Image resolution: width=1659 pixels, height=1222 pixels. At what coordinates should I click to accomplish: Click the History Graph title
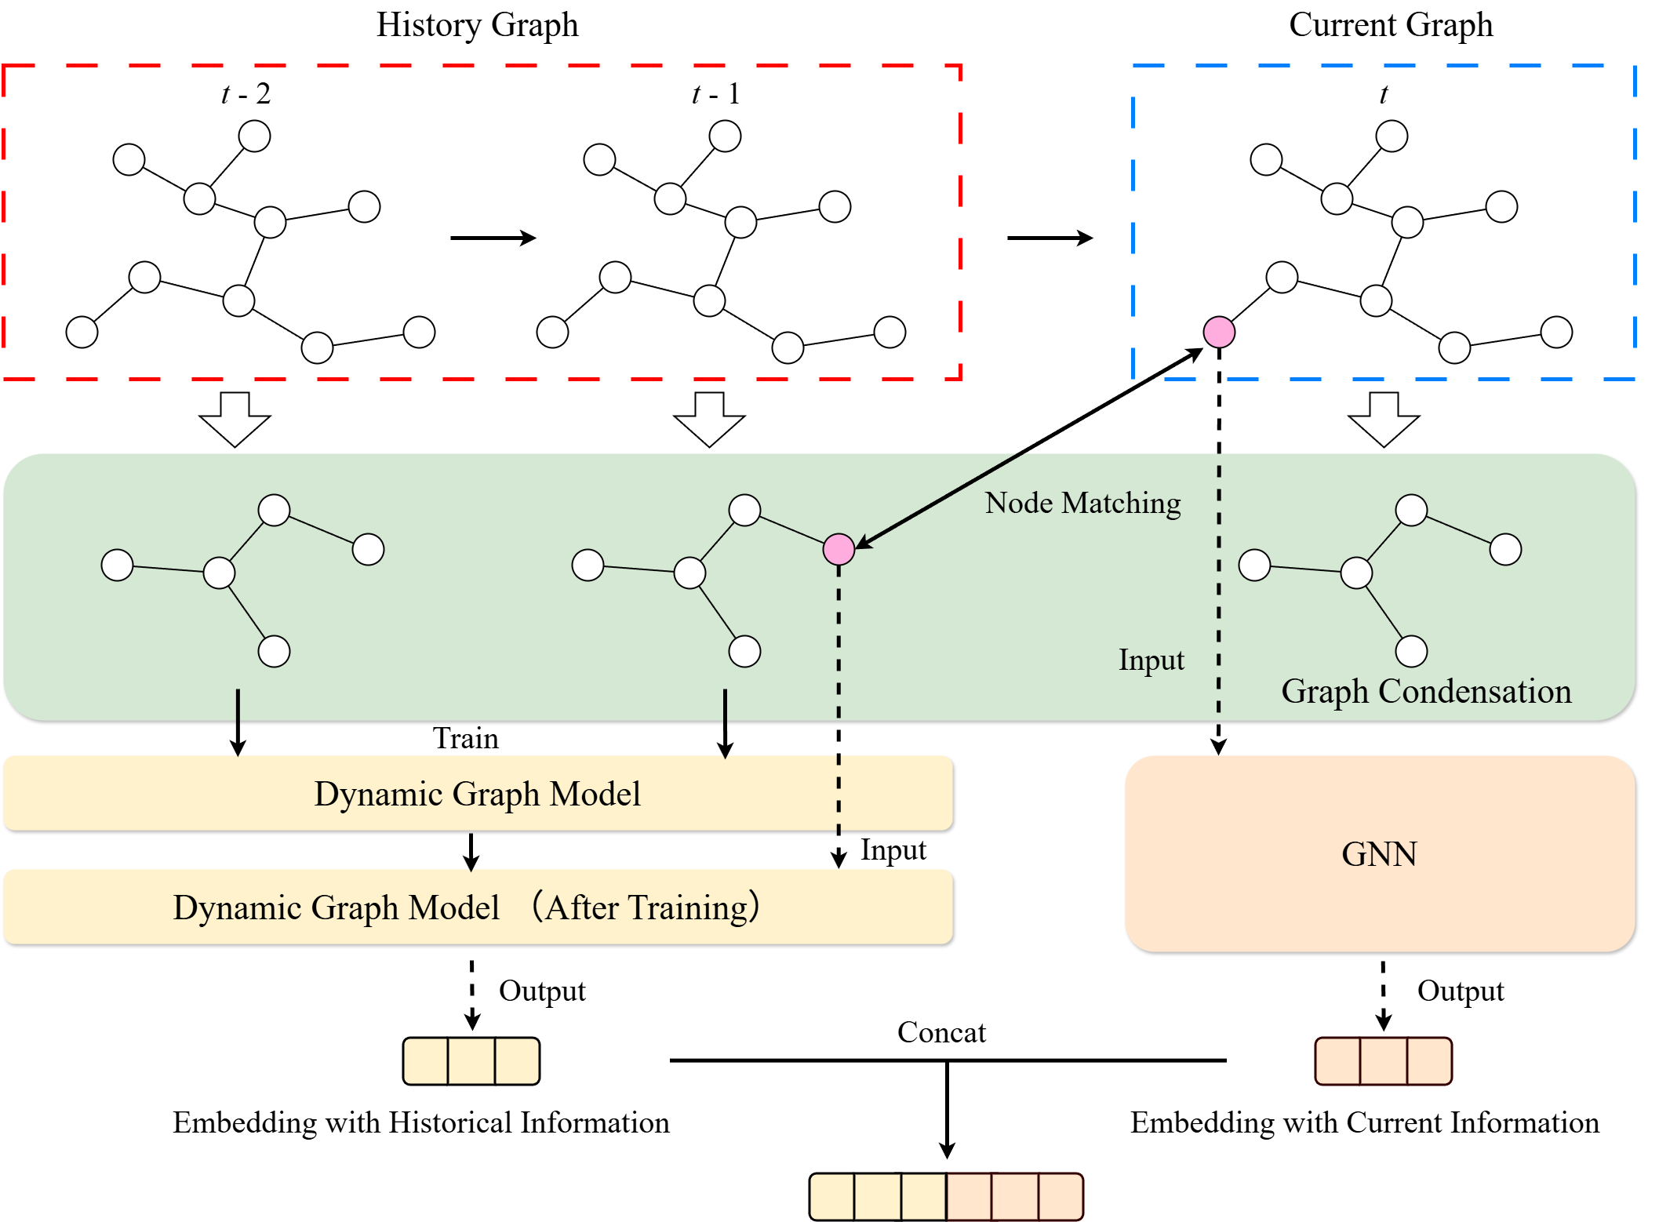tap(477, 25)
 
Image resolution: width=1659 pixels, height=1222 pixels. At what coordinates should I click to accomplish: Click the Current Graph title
tap(1390, 25)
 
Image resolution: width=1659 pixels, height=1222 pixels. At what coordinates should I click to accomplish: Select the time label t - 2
tap(246, 94)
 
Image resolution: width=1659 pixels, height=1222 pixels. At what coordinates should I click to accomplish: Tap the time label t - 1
tap(715, 94)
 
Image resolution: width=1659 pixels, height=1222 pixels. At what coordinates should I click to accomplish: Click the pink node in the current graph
tap(1219, 332)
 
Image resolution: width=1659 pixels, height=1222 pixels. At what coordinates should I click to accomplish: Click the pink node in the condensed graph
tap(839, 549)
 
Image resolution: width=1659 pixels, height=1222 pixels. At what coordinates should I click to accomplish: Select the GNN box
tap(1379, 854)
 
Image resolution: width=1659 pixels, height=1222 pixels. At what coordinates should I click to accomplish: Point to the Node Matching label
tap(1082, 503)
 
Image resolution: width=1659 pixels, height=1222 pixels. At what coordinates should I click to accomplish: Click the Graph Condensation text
tap(1426, 692)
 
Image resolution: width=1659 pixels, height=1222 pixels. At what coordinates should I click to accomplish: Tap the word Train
tap(465, 738)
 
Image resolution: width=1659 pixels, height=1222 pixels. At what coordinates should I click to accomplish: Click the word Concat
tap(941, 1032)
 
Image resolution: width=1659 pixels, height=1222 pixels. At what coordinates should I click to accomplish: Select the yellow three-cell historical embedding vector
tap(471, 1061)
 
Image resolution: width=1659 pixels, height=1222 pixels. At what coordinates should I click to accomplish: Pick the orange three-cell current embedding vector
tap(1383, 1061)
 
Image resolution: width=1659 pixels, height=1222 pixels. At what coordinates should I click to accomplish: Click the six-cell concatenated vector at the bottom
tap(946, 1197)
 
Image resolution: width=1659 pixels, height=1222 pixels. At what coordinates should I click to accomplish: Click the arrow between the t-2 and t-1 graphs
tap(493, 238)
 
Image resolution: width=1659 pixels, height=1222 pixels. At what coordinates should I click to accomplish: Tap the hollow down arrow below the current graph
tap(1384, 420)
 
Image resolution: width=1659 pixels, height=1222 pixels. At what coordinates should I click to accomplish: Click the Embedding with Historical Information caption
tap(421, 1122)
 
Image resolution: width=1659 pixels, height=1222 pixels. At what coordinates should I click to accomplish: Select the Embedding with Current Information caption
tap(1364, 1122)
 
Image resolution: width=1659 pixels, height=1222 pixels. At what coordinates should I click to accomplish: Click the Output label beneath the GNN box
tap(1460, 991)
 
